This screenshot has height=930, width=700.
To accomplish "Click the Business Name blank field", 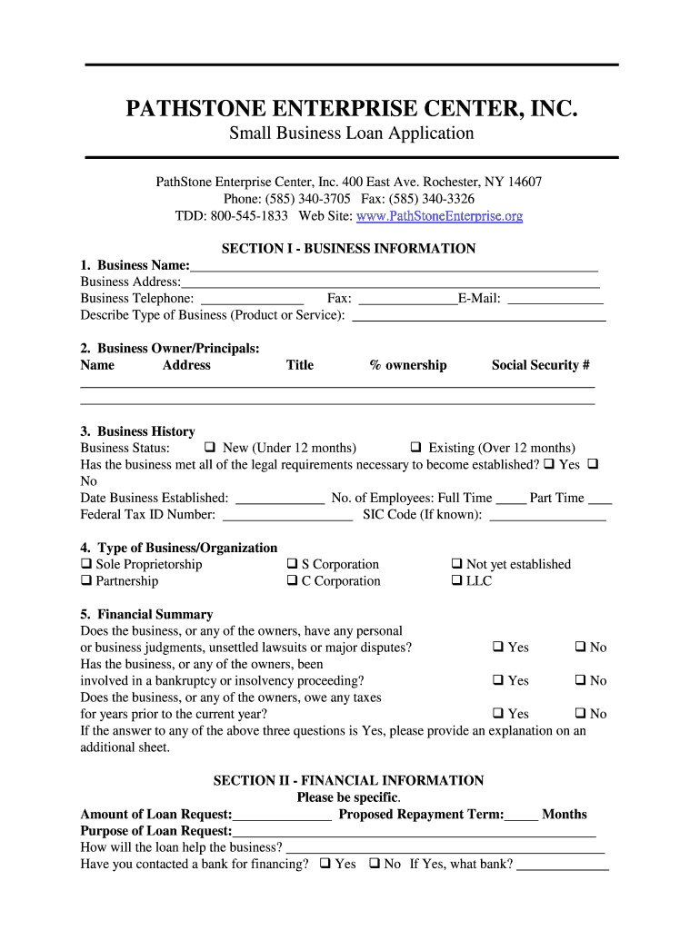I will point(394,266).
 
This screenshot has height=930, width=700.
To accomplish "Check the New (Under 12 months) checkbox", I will point(210,448).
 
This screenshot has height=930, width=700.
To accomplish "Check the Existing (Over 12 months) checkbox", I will point(415,448).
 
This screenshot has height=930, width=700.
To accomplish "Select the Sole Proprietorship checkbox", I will point(86,565).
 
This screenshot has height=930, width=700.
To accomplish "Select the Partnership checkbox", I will point(86,581).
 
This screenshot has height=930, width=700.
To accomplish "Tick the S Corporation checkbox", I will point(293,565).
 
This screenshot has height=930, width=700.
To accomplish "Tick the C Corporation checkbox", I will point(293,581).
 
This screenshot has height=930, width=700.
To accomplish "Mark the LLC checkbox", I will point(457,581).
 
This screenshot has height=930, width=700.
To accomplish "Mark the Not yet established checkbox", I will point(457,565).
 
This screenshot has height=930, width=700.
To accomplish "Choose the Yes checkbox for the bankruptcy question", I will point(498,681).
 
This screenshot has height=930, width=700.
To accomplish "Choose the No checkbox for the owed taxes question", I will point(580,714).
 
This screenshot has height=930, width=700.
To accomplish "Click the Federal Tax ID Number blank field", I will point(287,515).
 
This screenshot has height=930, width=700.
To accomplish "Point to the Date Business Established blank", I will point(280,499).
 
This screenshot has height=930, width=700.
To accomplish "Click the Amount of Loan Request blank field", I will point(282,816).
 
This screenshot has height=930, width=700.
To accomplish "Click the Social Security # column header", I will point(540,365).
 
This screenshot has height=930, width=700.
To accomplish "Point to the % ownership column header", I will point(407,365).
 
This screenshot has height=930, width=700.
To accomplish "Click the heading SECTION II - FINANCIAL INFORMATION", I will point(348,781).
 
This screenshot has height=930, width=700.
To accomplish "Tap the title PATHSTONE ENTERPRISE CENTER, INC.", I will point(351,110).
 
